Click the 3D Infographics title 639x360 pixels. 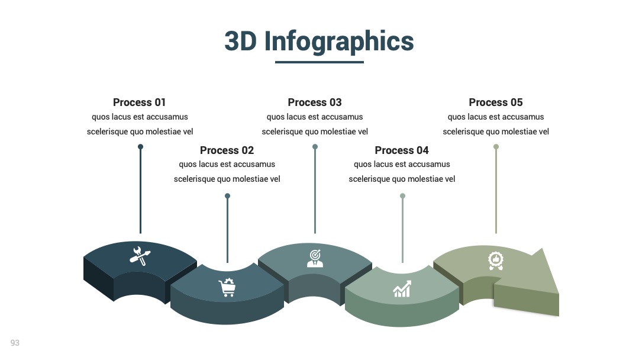point(319,41)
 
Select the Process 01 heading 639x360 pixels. point(140,102)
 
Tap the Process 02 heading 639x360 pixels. point(227,150)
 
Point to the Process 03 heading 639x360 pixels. point(315,102)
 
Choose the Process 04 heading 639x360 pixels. point(402,150)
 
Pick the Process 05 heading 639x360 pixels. point(496,102)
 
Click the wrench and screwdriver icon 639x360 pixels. point(140,256)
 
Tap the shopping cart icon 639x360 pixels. point(227,287)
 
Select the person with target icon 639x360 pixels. point(315,258)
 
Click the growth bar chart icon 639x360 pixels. point(402,289)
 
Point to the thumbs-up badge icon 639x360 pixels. point(496,261)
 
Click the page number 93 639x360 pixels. point(15,343)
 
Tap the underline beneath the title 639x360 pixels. point(319,62)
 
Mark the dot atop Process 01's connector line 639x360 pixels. point(141,147)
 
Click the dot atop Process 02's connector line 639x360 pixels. point(227,196)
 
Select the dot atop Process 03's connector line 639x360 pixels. point(315,147)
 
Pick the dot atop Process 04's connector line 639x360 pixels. point(403,196)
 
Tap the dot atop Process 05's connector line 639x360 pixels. point(496,147)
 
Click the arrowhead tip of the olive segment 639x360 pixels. point(559,293)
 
